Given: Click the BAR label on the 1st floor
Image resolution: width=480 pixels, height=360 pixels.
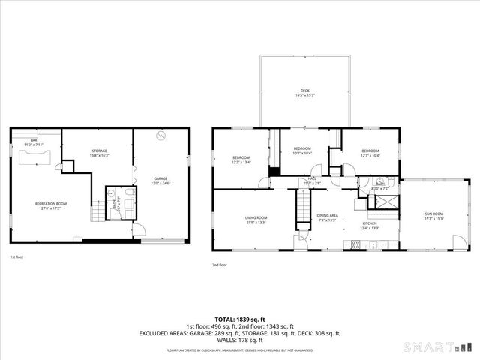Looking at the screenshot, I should tap(34, 141).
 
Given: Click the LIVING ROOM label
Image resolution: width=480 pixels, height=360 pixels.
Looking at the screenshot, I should tap(256, 220).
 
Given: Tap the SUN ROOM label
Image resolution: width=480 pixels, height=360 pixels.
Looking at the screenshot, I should tap(434, 216).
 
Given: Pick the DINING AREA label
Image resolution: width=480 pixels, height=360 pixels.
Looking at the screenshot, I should tap(327, 217).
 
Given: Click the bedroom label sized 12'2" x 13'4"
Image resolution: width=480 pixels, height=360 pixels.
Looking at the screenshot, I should tap(241, 158).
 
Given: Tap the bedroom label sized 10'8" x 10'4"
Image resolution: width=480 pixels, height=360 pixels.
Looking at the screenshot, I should tap(302, 151).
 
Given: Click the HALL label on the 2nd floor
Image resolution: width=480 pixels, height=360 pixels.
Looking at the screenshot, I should tap(312, 181).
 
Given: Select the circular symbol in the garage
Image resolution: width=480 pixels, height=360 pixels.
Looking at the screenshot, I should tap(160, 136).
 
